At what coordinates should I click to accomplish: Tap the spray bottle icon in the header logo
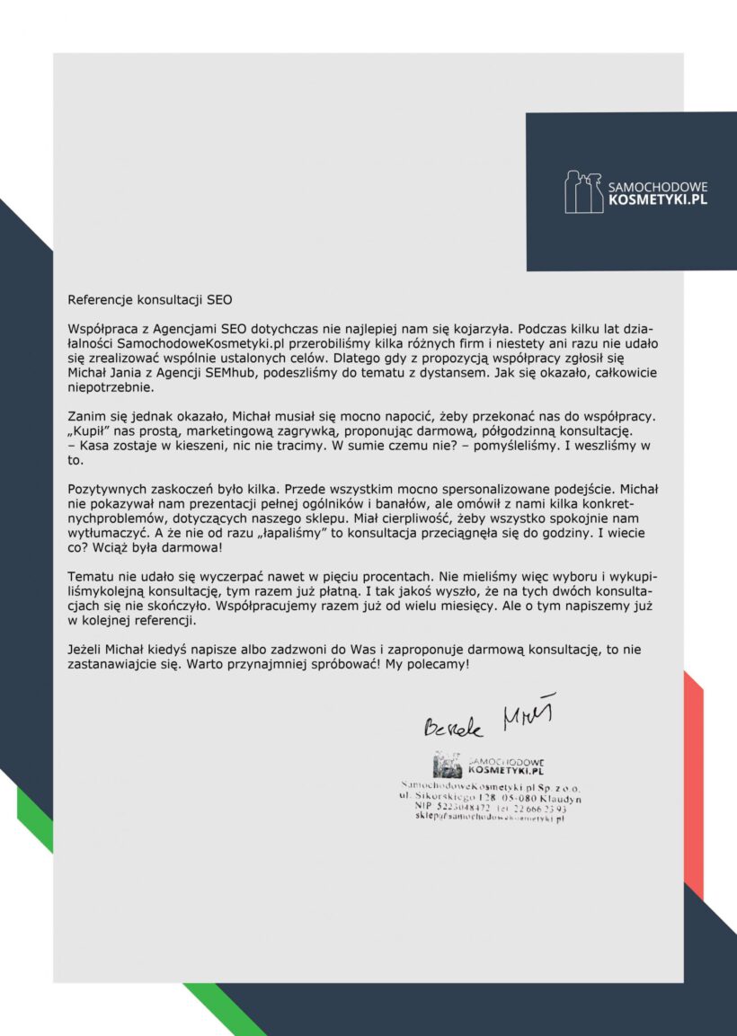pyautogui.click(x=583, y=192)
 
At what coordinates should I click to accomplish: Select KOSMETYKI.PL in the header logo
pyautogui.click(x=658, y=200)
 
